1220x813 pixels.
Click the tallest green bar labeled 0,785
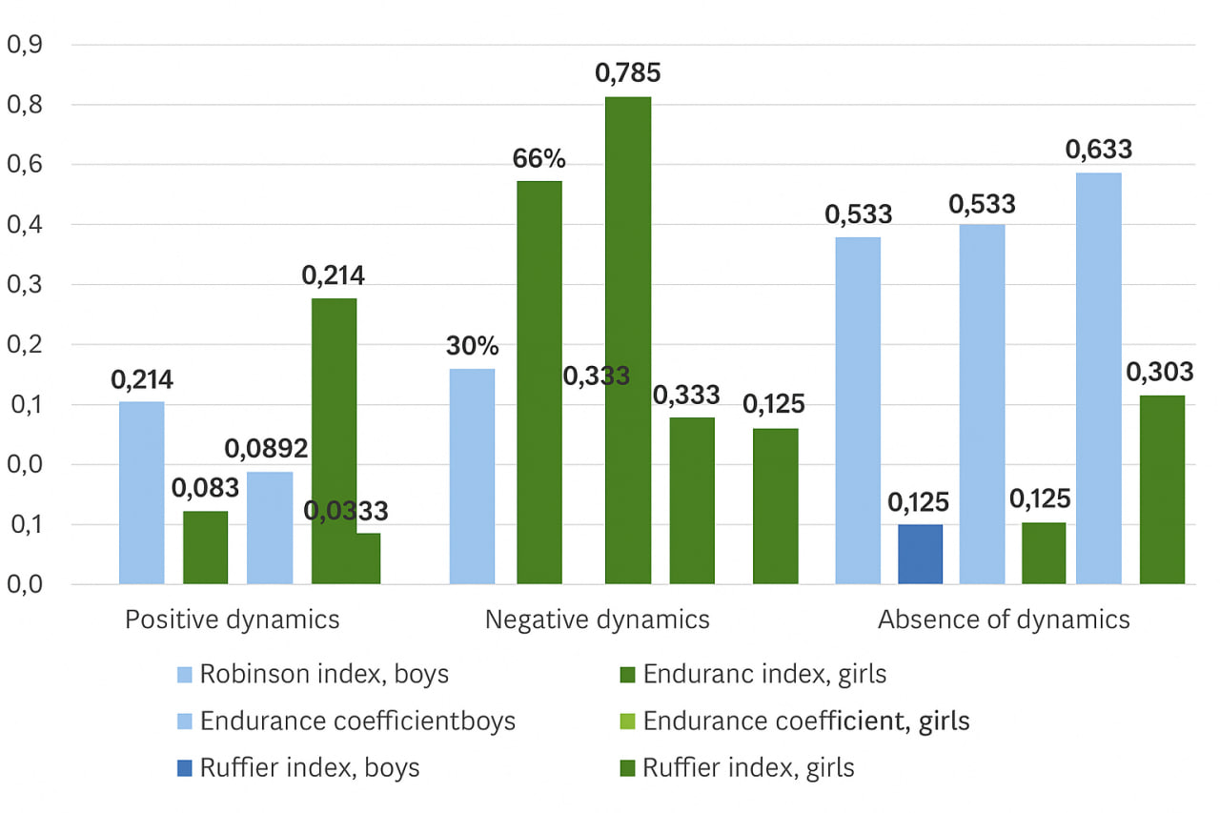point(628,340)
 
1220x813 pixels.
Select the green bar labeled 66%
point(539,382)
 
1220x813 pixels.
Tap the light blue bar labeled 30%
point(472,476)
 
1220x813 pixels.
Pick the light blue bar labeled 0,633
point(1099,378)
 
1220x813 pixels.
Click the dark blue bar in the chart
point(920,554)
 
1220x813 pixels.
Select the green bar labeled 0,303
point(1162,489)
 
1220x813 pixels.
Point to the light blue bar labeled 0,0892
point(270,527)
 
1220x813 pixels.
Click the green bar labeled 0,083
point(206,547)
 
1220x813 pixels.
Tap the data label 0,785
point(628,73)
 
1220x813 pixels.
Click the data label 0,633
point(1100,150)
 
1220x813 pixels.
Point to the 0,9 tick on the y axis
point(26,45)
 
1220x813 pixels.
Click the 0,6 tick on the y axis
point(26,165)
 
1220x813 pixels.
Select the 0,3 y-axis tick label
point(26,285)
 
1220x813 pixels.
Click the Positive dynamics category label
point(233,620)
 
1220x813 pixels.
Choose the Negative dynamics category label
point(598,620)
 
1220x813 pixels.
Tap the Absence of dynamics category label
point(1004,620)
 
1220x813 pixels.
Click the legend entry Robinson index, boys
point(324,675)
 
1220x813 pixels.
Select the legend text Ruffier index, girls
point(748,767)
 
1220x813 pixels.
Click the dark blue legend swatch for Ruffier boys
point(186,768)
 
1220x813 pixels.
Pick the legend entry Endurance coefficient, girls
point(805,722)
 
